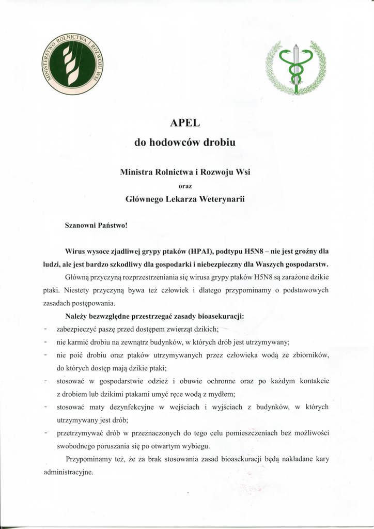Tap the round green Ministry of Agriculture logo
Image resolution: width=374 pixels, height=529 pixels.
[72, 65]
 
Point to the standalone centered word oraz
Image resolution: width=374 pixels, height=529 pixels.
[185, 185]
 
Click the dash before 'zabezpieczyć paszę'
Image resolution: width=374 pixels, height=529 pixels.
[46, 329]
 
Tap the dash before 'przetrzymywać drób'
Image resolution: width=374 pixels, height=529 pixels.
[46, 433]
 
